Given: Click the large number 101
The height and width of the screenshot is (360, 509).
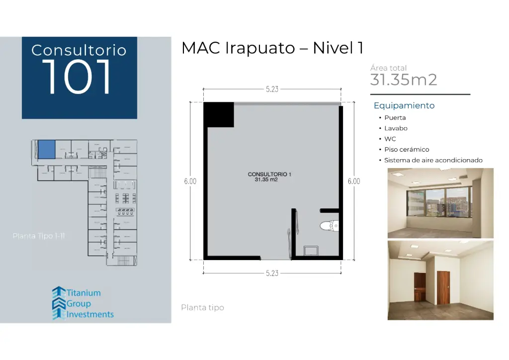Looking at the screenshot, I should (79, 77).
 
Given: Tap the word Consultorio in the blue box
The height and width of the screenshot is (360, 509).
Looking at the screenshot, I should (79, 50).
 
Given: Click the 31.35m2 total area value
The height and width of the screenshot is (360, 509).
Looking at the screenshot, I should (404, 80).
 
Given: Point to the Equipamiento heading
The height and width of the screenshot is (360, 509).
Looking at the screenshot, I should (404, 105).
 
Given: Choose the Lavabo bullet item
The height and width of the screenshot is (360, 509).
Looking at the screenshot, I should (396, 128).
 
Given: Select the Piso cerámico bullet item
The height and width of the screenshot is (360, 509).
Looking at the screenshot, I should (406, 149).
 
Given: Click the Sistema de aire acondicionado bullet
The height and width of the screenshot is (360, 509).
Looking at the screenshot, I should (433, 160).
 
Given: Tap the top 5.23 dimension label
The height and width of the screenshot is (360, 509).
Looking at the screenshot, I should (272, 90).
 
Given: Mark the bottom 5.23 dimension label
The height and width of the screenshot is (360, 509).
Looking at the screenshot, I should (272, 273).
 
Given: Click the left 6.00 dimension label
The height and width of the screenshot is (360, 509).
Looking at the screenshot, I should (190, 181).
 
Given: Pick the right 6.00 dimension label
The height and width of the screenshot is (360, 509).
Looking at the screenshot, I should (353, 181).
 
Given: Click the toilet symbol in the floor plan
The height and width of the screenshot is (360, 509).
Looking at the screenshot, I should (329, 226).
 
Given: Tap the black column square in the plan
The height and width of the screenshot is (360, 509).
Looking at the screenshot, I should (218, 114).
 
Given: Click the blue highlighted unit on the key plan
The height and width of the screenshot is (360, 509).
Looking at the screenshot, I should (46, 149).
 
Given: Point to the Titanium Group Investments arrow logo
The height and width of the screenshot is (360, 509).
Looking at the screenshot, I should (59, 303).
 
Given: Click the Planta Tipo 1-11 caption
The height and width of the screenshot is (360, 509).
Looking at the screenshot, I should (39, 236).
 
